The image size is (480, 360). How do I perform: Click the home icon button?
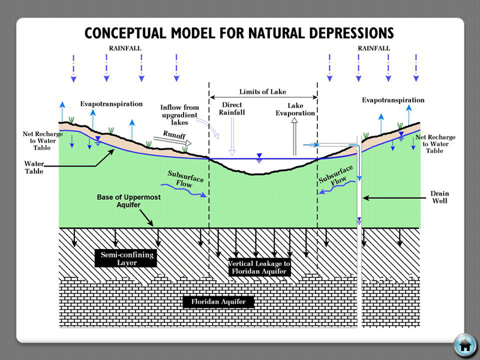[x=464, y=344]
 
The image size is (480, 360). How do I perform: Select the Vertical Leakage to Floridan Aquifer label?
[x=260, y=268]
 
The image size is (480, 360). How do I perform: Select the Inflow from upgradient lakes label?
[x=179, y=115]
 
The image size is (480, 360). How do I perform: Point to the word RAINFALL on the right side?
[x=373, y=47]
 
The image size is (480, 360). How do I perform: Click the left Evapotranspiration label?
[x=112, y=104]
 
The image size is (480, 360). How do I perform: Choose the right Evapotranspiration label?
[x=393, y=100]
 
